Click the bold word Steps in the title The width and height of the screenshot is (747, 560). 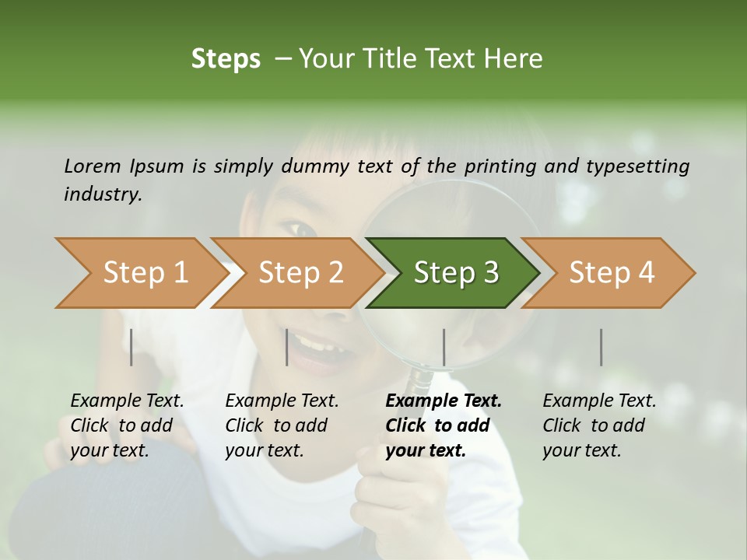coord(226,59)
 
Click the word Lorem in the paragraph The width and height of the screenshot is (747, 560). coord(91,166)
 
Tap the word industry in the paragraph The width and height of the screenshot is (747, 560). coord(102,194)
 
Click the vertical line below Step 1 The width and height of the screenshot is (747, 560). coord(132,347)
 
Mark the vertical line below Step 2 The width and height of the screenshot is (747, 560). coord(287,347)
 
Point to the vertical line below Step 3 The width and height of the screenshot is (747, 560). coord(444,347)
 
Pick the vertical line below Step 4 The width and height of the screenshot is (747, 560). coord(601,347)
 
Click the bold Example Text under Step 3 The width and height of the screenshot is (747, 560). coord(444,401)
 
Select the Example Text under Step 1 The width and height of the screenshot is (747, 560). coord(127,401)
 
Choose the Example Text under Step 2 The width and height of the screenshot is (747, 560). coord(282,401)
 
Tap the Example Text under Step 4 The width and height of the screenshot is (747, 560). coord(599,401)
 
